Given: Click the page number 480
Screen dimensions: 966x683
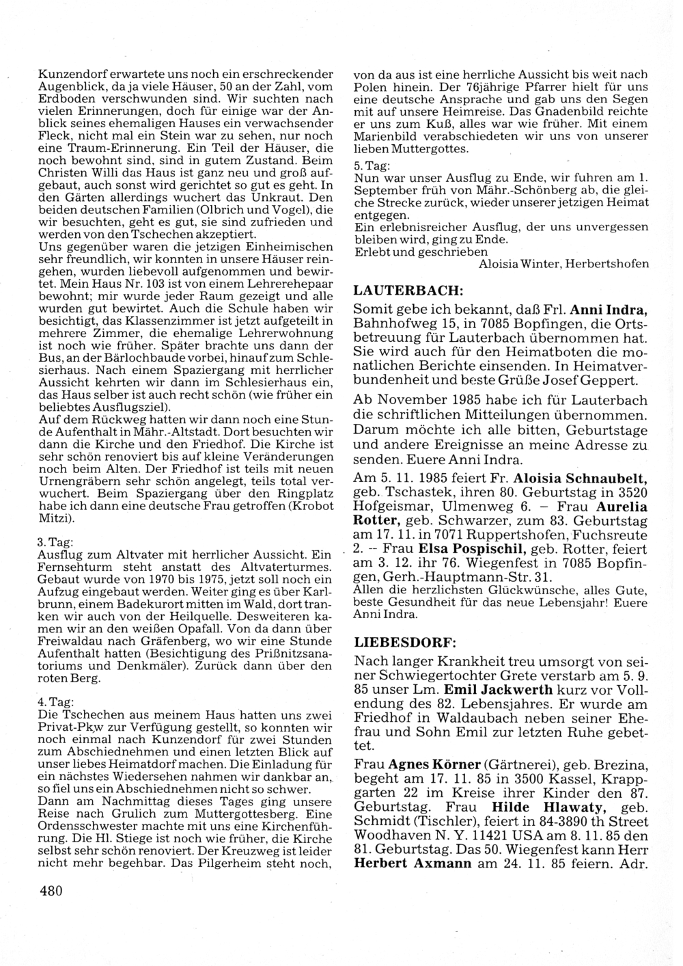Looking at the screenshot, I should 51,890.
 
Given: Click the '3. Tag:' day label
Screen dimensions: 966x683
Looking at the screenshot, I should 51,541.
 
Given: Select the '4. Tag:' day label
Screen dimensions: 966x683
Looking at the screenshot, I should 51,701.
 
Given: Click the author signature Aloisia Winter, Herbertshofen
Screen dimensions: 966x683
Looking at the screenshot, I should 563,264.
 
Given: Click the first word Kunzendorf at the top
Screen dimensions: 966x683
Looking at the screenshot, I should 69,74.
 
